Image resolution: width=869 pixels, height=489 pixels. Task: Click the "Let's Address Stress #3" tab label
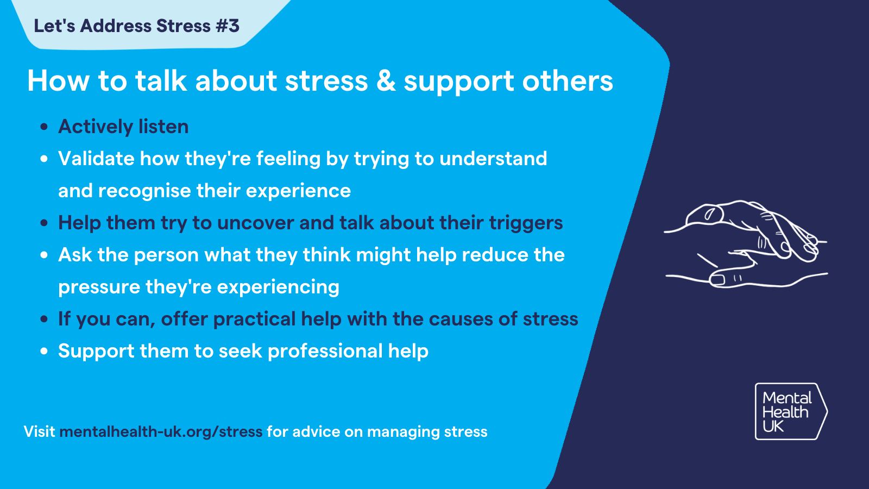coord(136,26)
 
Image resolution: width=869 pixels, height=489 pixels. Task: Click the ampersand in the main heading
coord(386,81)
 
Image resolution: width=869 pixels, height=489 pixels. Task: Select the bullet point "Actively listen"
coord(123,127)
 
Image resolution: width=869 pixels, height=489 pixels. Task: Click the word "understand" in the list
coord(493,159)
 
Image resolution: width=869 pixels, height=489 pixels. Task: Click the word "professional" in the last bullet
coord(325,351)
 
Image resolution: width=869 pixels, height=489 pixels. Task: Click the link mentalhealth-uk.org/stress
coord(161,432)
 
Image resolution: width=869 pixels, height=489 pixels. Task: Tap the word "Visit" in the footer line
coord(39,432)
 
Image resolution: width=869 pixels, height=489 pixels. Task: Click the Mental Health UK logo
coord(790,411)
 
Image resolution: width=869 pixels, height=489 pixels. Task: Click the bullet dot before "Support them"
coord(45,352)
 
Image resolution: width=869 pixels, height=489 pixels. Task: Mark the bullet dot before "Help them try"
coord(45,223)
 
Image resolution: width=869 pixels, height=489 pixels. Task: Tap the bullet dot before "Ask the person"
coord(45,255)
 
